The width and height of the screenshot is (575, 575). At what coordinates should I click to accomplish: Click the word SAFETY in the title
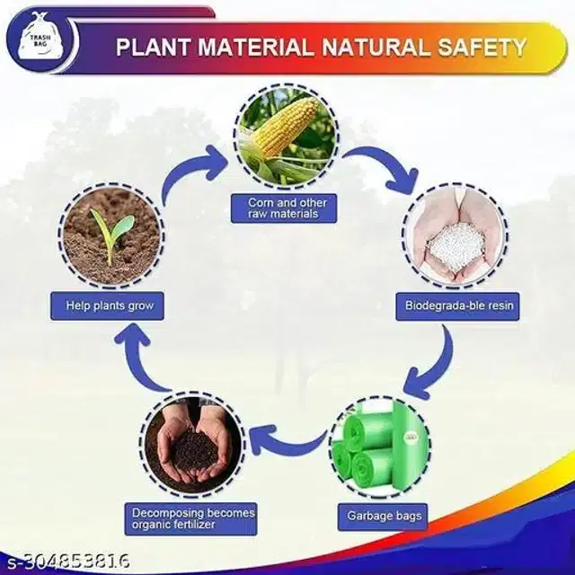pos(482,48)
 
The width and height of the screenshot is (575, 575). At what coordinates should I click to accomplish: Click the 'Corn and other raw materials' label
pos(284,208)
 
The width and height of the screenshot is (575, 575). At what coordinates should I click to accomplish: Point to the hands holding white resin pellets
pos(456,235)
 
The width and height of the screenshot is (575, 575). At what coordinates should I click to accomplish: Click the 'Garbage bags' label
pos(383,517)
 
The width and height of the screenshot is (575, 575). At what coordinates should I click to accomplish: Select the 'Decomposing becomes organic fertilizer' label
pos(191,519)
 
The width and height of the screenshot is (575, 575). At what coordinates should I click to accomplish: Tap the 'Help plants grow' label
pos(107,305)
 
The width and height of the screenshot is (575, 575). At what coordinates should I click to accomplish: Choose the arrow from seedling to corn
pos(182,169)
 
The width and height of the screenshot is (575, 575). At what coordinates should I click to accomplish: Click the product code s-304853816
pos(66,562)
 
